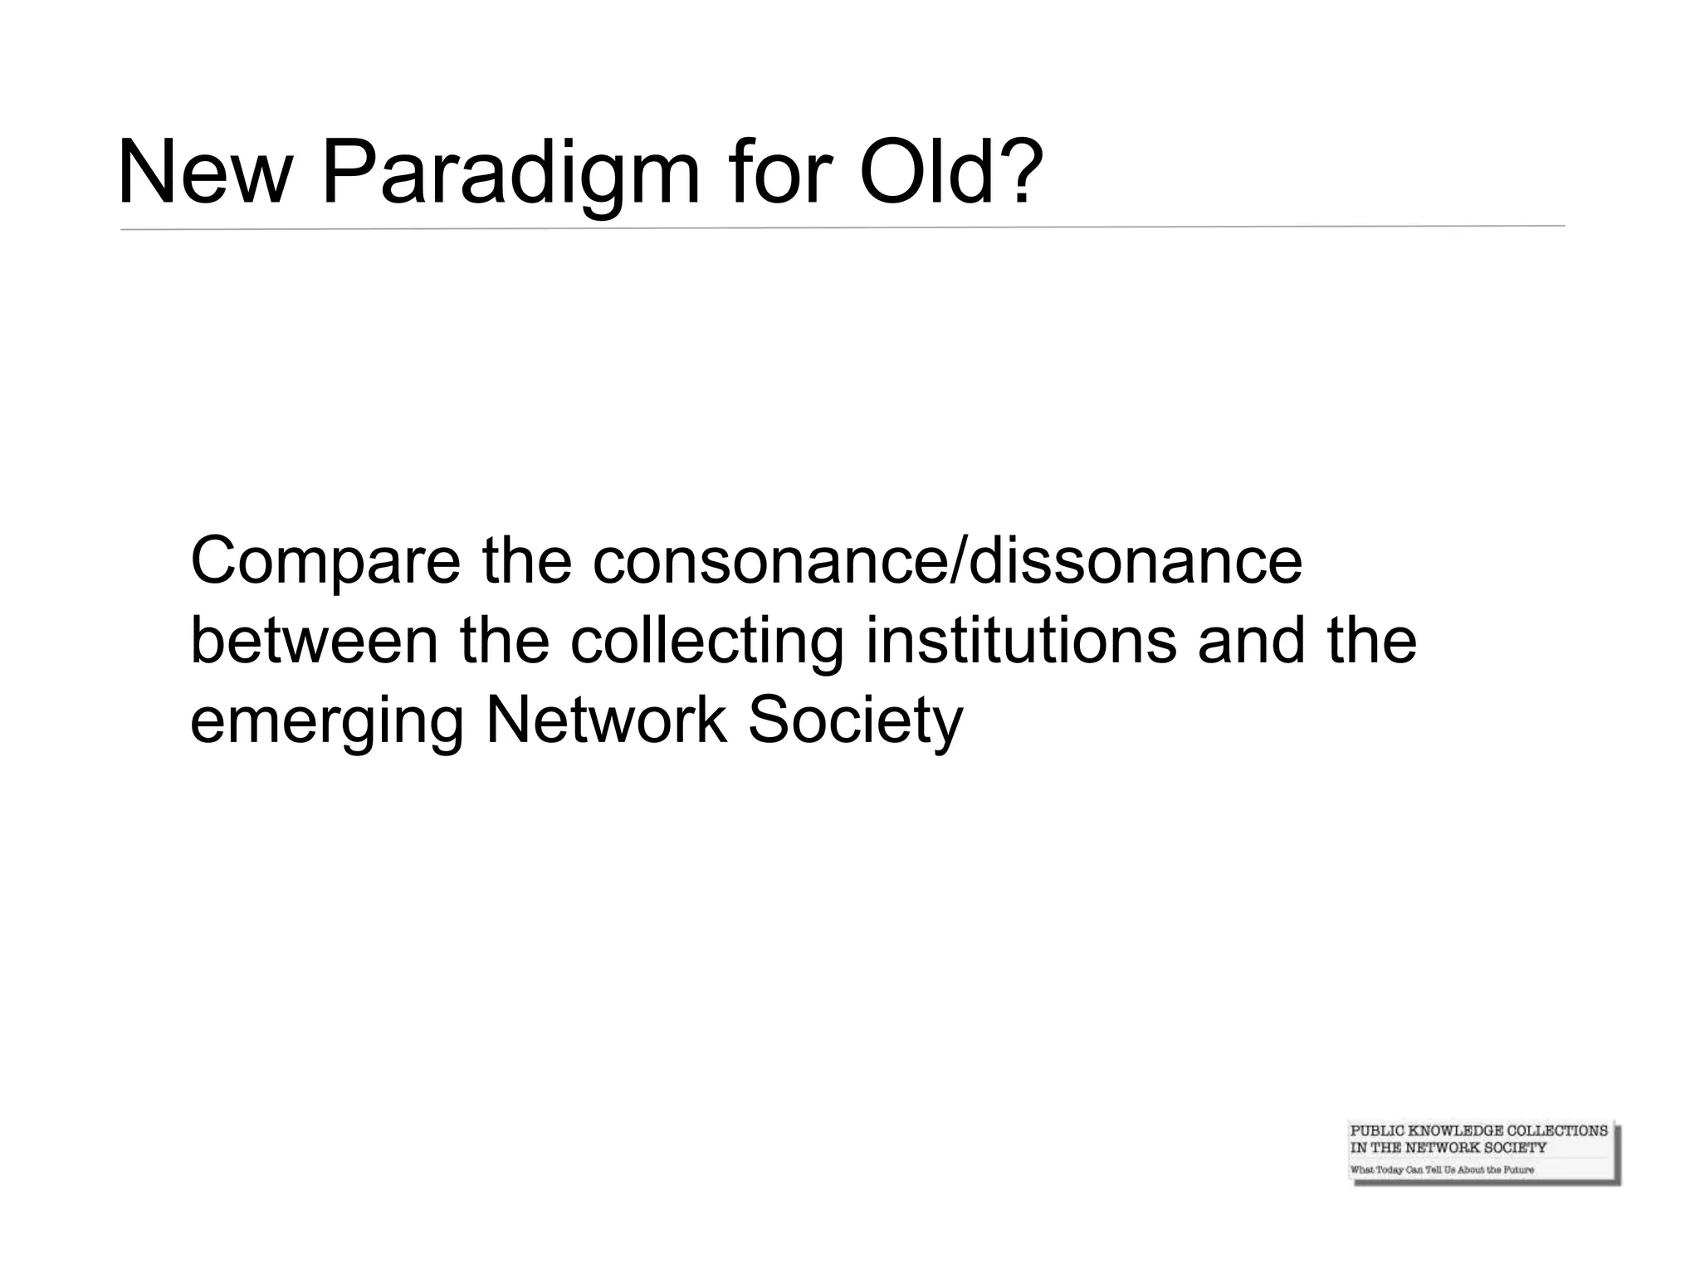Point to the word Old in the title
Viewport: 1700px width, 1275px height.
tap(926, 175)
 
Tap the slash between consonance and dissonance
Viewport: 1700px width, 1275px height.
tap(957, 562)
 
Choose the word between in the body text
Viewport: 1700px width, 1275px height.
tap(314, 642)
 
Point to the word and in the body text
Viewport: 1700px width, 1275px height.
tap(1251, 642)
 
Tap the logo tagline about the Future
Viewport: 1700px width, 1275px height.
tap(1442, 1170)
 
